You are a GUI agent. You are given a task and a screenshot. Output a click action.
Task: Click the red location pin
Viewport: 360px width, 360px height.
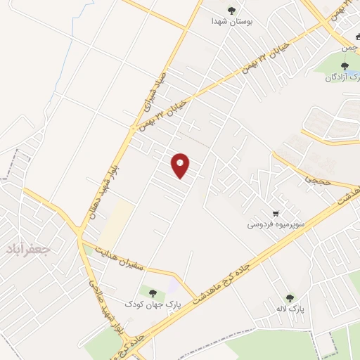181,165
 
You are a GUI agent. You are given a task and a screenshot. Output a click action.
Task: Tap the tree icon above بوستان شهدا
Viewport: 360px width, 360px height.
232,10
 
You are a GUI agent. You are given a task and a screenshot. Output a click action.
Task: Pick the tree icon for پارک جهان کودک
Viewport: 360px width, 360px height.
153,292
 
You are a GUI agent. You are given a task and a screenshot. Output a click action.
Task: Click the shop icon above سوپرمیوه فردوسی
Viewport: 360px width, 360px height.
276,214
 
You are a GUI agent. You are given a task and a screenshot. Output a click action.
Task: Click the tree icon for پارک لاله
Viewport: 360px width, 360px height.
288,298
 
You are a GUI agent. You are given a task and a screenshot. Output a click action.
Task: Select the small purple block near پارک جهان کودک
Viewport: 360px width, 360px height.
172,287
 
